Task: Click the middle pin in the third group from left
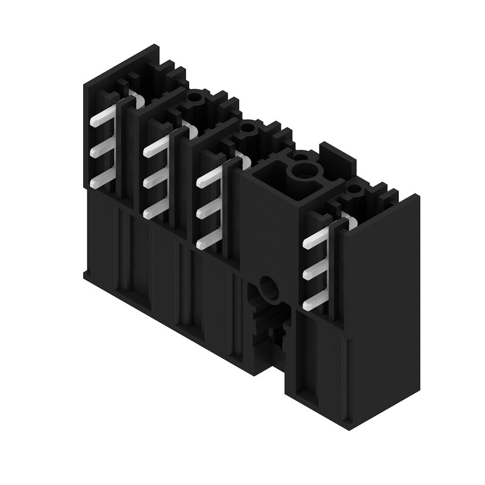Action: click(x=208, y=212)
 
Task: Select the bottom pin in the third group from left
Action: click(x=208, y=243)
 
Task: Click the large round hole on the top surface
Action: click(x=301, y=173)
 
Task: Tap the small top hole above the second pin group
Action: click(x=195, y=97)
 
